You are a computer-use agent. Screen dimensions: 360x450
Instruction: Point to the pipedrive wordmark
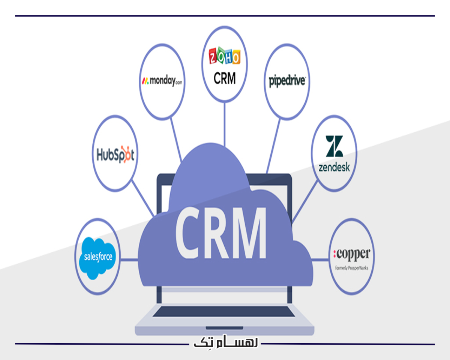pyautogui.click(x=288, y=81)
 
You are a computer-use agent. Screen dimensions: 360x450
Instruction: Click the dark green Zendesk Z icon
pyautogui.click(x=334, y=146)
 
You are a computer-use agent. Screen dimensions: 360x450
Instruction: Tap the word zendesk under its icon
pyautogui.click(x=334, y=167)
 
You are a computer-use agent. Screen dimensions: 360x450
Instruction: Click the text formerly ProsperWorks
pyautogui.click(x=352, y=268)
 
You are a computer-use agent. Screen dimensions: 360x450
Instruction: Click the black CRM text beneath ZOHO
pyautogui.click(x=224, y=78)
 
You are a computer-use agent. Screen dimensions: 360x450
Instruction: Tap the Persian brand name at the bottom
pyautogui.click(x=225, y=343)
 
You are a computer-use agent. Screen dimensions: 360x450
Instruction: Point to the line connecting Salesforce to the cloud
pyautogui.click(x=129, y=259)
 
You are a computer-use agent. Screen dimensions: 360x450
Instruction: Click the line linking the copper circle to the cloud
pyautogui.click(x=320, y=259)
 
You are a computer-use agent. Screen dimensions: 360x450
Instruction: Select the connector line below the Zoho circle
pyautogui.click(x=225, y=124)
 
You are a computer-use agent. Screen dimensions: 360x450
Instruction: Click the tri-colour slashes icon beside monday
pyautogui.click(x=144, y=81)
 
